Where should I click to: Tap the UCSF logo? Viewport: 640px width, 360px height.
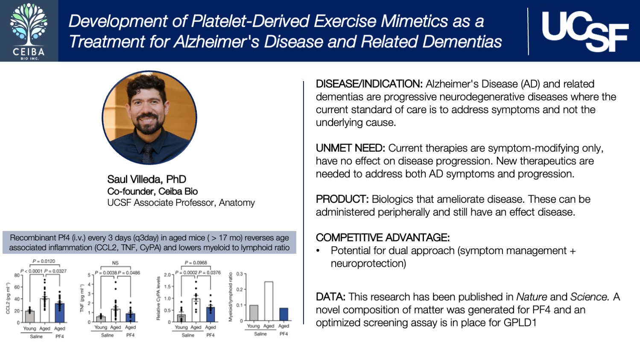[585, 31]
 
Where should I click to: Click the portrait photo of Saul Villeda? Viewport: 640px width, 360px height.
[149, 117]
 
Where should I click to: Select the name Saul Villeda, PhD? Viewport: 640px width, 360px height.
[146, 179]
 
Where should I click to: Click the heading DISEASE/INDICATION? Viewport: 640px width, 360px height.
[369, 84]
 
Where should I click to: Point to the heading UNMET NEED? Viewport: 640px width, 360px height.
[350, 148]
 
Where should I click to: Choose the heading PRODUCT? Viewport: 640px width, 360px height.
[342, 199]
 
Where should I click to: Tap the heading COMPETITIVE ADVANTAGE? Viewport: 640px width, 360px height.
[383, 237]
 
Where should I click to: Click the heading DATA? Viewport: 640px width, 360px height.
[330, 297]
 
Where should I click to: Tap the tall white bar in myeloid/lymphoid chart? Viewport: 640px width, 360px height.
[269, 301]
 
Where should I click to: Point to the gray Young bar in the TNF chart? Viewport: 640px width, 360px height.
[101, 318]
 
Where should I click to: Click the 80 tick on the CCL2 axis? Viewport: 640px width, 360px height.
[17, 275]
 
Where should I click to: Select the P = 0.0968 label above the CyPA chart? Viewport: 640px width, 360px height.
[196, 263]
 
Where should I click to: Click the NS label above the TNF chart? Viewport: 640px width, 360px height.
[115, 263]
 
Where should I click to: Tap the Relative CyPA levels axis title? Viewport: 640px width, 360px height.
[158, 298]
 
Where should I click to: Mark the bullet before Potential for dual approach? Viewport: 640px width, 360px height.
[318, 251]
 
